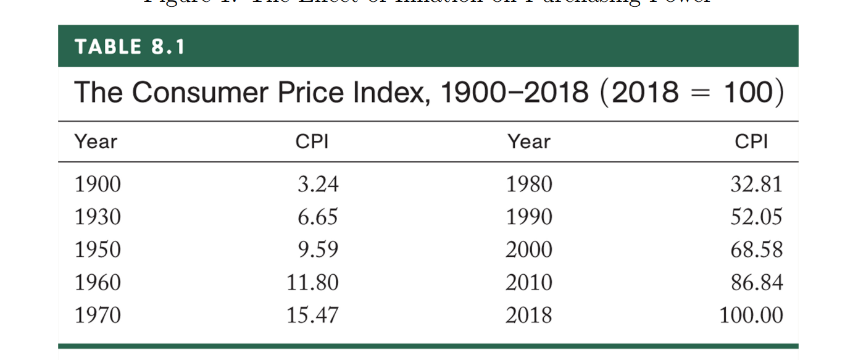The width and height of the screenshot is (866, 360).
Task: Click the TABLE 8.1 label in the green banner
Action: point(130,47)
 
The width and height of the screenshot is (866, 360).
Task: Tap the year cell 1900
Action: point(98,185)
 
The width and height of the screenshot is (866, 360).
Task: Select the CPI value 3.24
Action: point(318,185)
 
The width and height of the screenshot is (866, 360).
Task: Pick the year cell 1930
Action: point(98,217)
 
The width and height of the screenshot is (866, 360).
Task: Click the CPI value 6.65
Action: point(318,217)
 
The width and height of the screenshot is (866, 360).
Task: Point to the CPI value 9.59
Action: point(318,250)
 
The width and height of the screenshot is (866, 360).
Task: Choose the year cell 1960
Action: point(98,283)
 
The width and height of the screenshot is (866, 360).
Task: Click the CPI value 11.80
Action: point(312,283)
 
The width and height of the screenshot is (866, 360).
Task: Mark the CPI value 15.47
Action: point(312,316)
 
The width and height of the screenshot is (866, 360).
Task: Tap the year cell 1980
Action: point(529,185)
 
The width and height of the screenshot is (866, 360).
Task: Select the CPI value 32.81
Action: point(757,185)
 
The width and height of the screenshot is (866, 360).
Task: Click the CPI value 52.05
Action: point(757,217)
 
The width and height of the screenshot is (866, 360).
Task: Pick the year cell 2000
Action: point(529,250)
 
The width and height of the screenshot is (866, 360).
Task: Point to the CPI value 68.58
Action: point(757,250)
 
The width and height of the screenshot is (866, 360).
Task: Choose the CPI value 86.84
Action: point(757,283)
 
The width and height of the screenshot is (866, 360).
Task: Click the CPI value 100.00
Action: point(751,316)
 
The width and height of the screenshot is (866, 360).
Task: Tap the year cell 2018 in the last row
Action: point(529,316)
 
